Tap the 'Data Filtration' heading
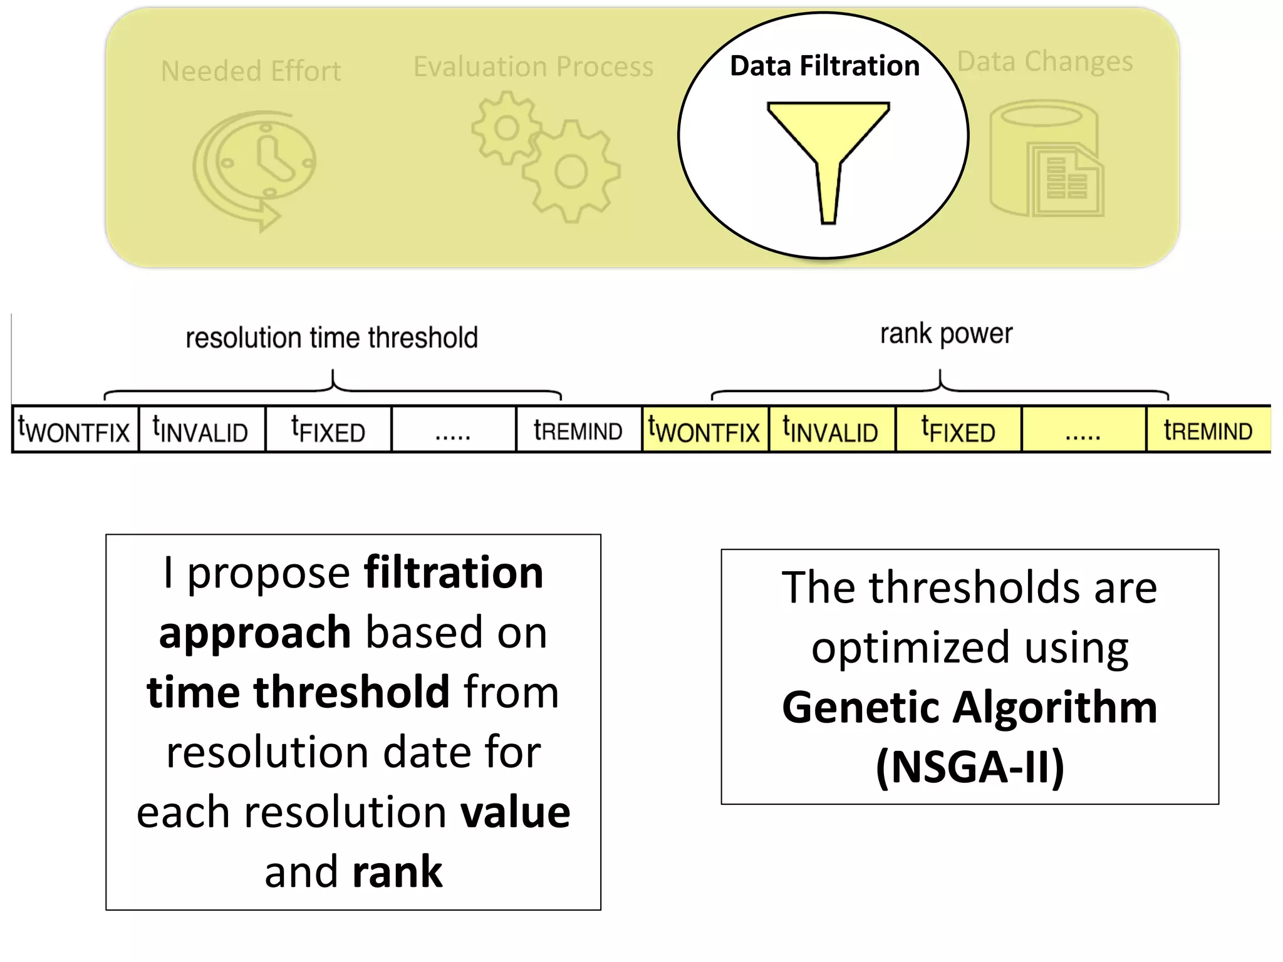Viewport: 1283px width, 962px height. click(x=824, y=66)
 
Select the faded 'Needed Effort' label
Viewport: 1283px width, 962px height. click(x=251, y=71)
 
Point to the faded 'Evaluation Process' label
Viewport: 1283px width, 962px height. click(x=533, y=66)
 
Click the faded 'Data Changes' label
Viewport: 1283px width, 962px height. click(x=1045, y=61)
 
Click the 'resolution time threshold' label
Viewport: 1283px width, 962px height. click(x=331, y=338)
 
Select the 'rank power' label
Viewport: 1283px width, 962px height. click(x=946, y=334)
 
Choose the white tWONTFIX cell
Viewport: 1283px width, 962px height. click(x=75, y=430)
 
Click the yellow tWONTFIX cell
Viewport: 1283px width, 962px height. click(x=705, y=430)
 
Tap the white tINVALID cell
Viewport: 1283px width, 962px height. click(x=201, y=430)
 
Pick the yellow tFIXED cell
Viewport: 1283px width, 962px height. click(x=958, y=430)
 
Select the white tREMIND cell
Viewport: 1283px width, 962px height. click(x=578, y=430)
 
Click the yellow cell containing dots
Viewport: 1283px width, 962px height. click(x=1083, y=430)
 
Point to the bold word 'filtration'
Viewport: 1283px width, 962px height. click(x=454, y=572)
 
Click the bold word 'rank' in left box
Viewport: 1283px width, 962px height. click(x=397, y=871)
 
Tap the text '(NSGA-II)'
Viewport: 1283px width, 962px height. click(x=970, y=767)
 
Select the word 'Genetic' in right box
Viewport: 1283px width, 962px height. click(x=861, y=707)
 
